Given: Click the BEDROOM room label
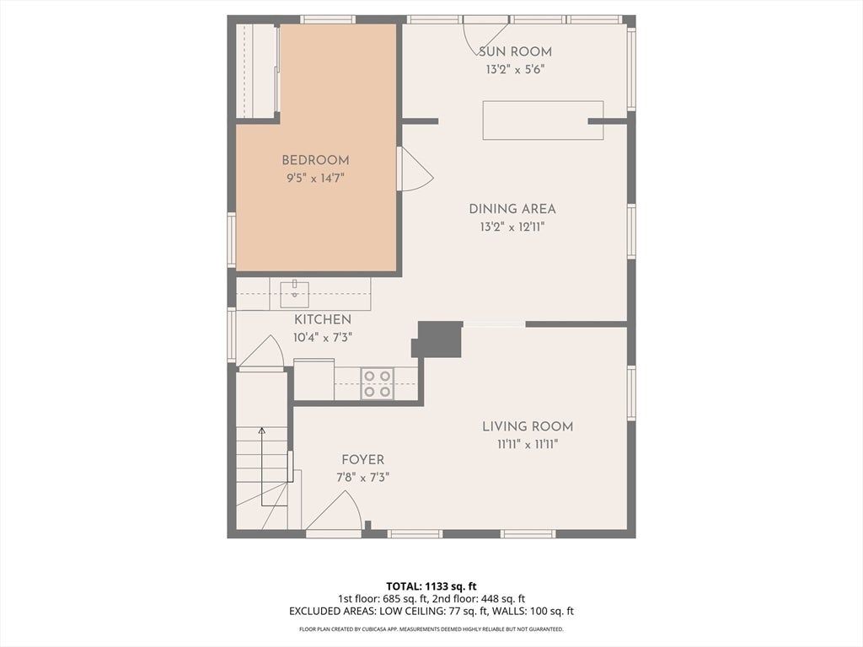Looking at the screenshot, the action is tap(315, 160).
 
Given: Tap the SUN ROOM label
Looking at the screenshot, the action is tap(515, 51).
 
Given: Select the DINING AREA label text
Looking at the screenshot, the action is tap(512, 209).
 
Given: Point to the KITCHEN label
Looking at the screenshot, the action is tap(323, 319).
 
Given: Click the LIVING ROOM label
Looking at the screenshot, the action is tap(528, 426).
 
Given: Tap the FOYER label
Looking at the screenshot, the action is tap(362, 460).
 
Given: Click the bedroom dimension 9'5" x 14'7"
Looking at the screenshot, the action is tap(315, 179).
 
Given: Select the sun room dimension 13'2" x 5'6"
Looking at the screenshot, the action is tap(515, 70).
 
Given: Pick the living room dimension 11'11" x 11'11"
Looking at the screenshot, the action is tap(528, 445).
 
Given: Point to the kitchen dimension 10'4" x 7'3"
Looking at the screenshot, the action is tap(323, 337).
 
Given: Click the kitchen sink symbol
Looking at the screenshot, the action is tap(294, 294).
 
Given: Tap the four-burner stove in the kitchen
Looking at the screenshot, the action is tap(378, 383).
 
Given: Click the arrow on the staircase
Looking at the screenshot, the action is tap(262, 467).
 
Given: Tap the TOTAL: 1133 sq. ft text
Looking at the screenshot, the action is tap(427, 586).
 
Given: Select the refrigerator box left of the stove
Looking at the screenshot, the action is tap(314, 380).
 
